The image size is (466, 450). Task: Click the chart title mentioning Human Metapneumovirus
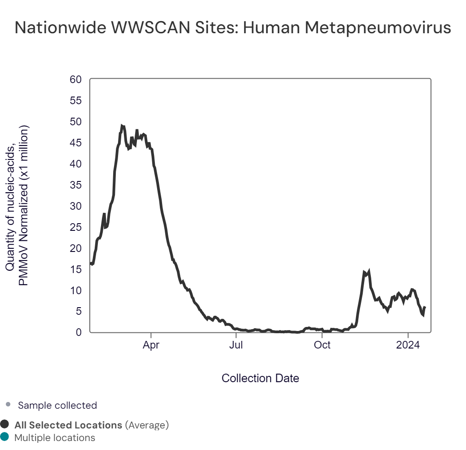[233, 28]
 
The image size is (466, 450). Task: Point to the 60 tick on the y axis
[76, 79]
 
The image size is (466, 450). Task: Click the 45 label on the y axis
[76, 143]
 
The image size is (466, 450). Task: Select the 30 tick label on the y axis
[76, 206]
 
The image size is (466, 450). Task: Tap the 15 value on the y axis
[76, 269]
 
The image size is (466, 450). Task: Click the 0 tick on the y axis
[79, 332]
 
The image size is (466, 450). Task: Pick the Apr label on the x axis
[151, 345]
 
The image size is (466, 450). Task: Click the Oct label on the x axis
[322, 345]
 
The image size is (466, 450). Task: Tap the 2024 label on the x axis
[408, 345]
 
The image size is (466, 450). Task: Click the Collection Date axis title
[260, 378]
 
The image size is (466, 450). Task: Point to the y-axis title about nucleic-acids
[17, 205]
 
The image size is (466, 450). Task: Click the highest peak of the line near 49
[122, 126]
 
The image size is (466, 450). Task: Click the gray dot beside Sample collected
[8, 405]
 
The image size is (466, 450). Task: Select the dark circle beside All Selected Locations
[5, 424]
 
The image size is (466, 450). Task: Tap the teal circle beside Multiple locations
[5, 437]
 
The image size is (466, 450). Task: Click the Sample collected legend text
[57, 405]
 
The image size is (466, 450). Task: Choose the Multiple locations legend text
[55, 437]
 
